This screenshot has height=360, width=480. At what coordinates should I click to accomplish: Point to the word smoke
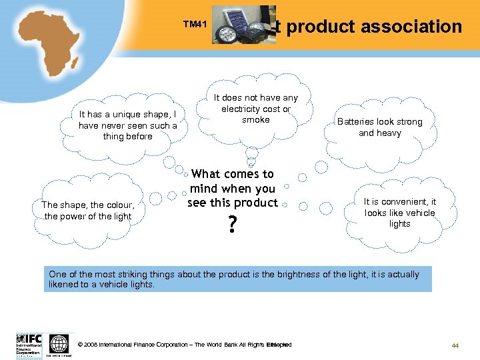coord(256,120)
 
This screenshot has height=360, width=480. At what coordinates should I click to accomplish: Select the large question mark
coord(232,227)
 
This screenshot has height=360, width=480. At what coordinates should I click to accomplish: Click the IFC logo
coord(29,345)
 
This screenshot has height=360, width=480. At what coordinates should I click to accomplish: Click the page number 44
coord(456,345)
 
